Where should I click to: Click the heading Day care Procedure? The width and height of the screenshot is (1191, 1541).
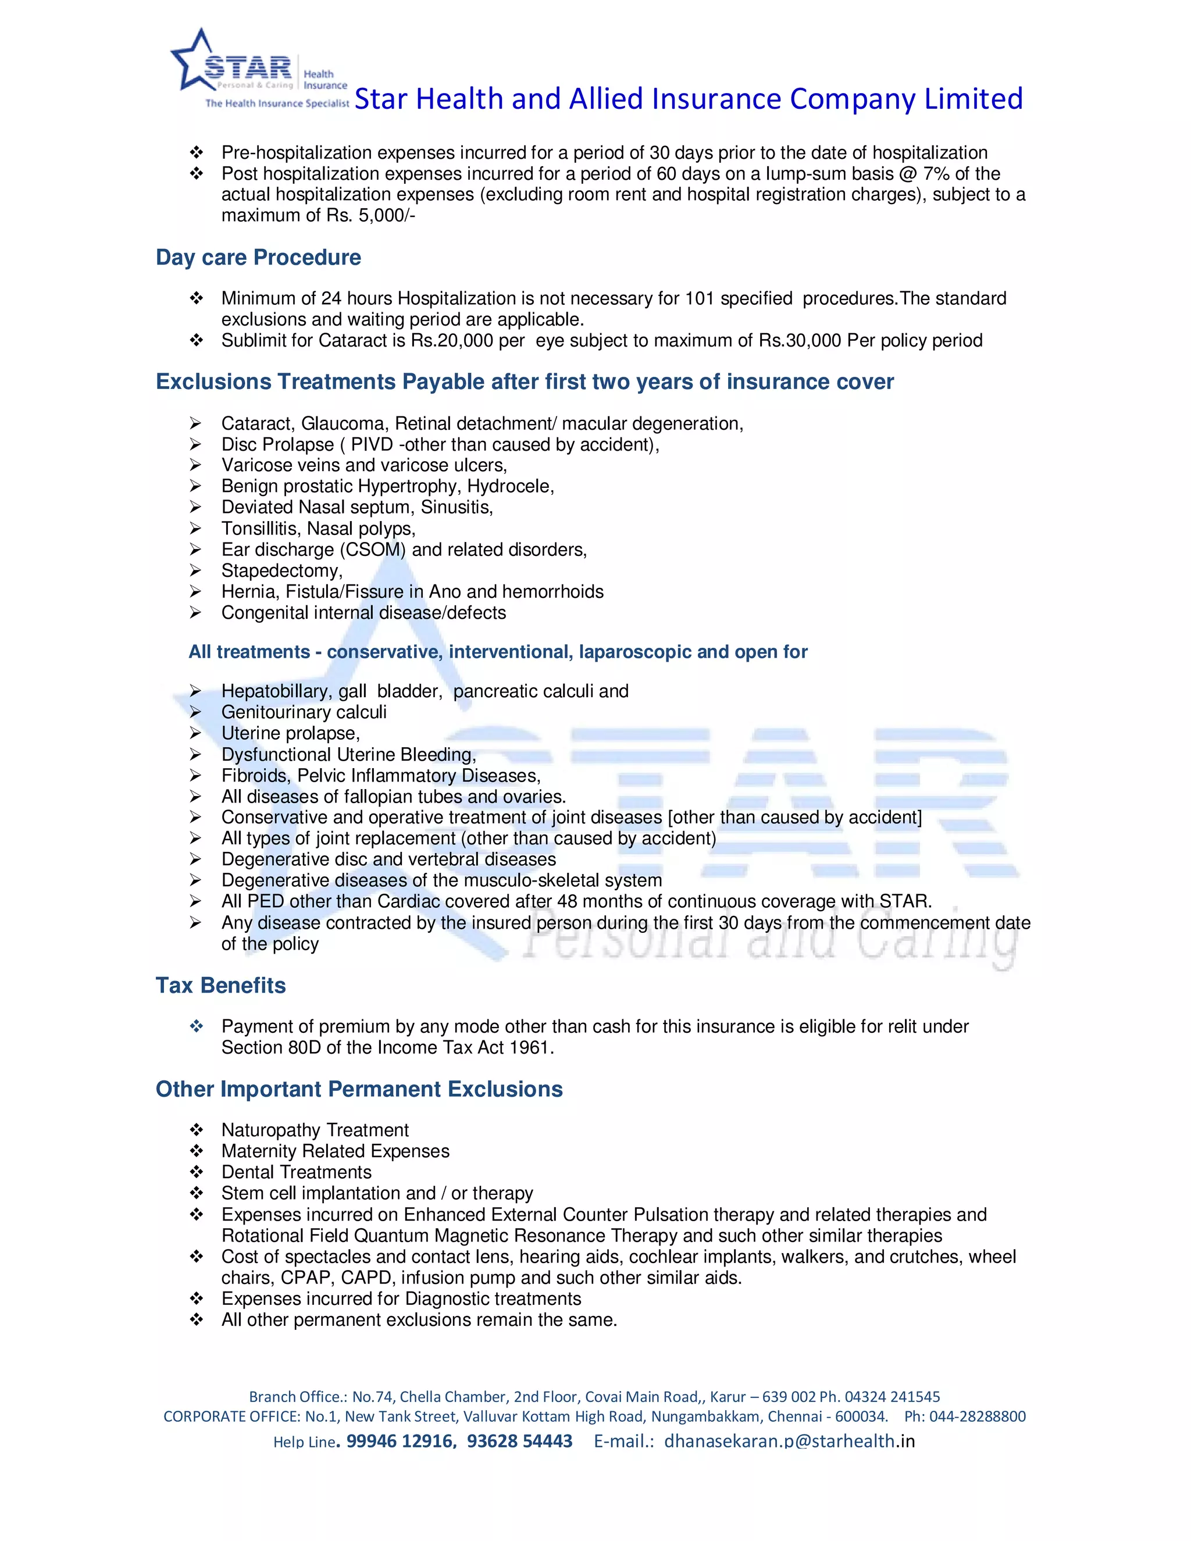(258, 258)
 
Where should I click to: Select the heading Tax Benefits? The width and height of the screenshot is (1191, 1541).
(220, 985)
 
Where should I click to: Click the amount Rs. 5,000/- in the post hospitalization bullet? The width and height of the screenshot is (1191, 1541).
(370, 216)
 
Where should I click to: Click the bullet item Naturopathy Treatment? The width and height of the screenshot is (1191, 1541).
(315, 1130)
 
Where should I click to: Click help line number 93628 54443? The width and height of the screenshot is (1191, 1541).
(519, 1441)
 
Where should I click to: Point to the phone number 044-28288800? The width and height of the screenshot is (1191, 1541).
(977, 1416)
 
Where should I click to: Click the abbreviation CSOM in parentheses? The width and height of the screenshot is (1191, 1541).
(373, 550)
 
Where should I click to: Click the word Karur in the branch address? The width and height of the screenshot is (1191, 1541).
(728, 1396)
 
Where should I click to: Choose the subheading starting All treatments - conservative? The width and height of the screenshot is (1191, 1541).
(497, 651)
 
